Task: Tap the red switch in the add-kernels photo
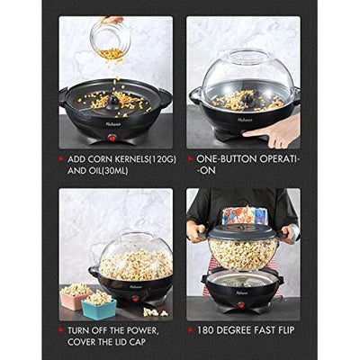112,139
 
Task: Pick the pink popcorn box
76,298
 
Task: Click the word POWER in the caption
139,330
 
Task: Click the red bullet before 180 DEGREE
191,330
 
